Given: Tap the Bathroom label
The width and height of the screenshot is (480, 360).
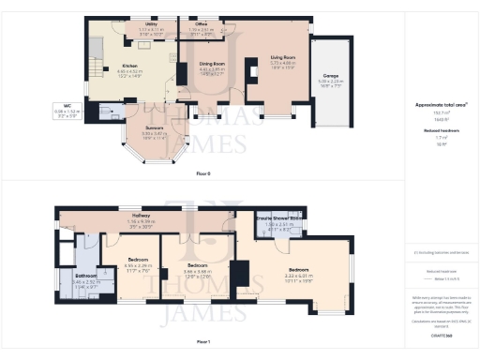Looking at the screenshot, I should [85, 275].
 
